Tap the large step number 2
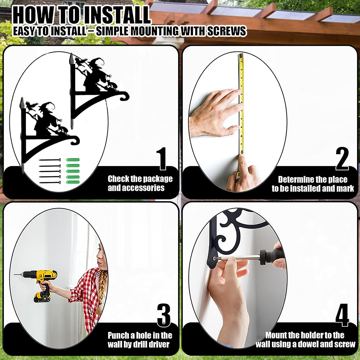[342, 159]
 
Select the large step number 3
[164, 315]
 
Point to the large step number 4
[342, 315]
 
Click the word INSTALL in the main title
[117, 15]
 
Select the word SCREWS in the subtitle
[226, 31]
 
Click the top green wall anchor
[73, 160]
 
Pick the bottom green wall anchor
[73, 182]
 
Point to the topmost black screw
[50, 160]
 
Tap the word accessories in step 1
[136, 188]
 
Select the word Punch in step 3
[118, 336]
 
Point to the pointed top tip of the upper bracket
[71, 54]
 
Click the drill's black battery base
[42, 297]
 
